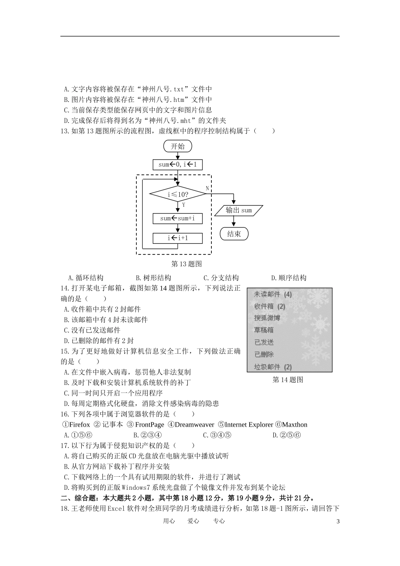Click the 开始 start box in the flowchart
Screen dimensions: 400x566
178,146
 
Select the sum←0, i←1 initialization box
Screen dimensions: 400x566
178,164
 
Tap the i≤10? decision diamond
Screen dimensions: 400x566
178,195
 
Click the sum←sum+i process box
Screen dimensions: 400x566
178,219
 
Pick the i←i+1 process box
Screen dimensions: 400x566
178,238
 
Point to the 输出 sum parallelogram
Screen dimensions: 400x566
239,210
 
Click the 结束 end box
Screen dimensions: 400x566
234,234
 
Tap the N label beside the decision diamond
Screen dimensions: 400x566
207,188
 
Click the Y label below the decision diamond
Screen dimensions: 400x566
184,205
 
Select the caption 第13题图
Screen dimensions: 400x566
187,264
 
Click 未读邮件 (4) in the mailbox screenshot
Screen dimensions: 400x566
272,294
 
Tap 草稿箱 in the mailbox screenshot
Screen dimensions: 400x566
264,330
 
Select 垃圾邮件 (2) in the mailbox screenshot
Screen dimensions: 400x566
272,367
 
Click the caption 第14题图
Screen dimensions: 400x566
288,380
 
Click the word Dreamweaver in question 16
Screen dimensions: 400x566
194,424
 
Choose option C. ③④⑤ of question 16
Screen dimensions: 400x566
217,435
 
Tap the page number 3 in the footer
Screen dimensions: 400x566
338,521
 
